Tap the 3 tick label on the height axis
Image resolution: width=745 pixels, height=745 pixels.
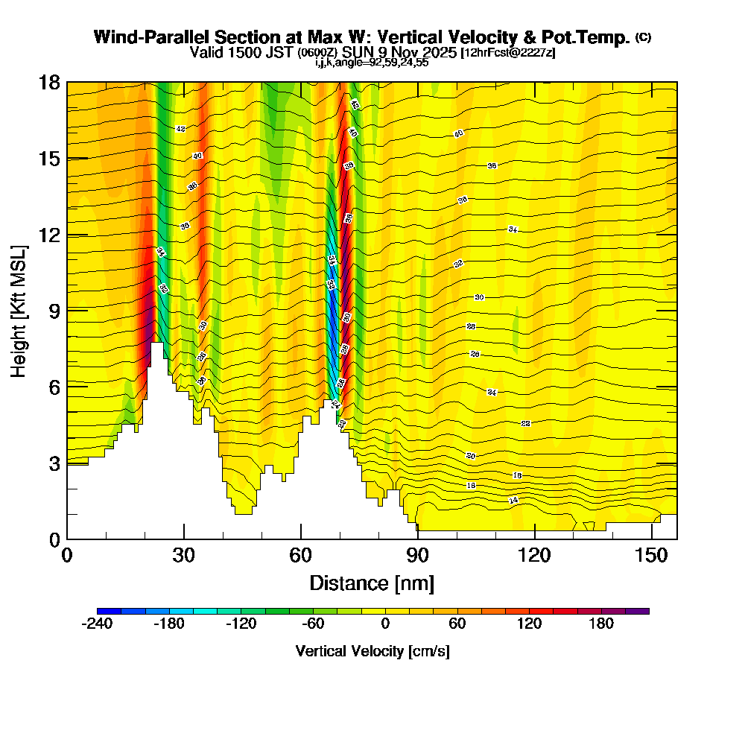(53, 463)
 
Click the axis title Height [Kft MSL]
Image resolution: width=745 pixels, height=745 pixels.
(19, 310)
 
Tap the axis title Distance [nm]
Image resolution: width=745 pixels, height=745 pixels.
(372, 583)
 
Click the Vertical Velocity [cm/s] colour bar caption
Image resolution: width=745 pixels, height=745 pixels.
(372, 651)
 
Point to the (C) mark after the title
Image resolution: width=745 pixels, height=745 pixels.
(643, 37)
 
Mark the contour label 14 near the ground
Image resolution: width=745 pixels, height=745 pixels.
(513, 500)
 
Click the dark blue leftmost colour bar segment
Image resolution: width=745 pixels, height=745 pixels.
(103, 611)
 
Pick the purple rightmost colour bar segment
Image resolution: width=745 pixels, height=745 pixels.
(643, 611)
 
